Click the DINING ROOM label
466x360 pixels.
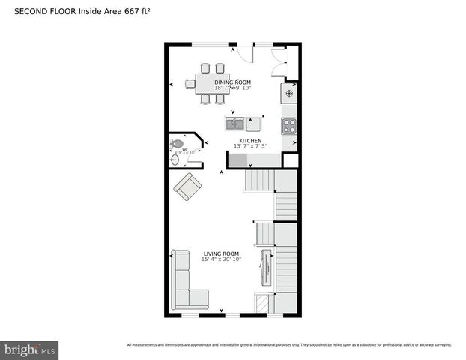pyautogui.click(x=233, y=82)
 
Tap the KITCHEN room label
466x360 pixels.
pyautogui.click(x=250, y=141)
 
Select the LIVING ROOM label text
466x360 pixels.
pyautogui.click(x=221, y=253)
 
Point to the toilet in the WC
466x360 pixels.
pyautogui.click(x=178, y=143)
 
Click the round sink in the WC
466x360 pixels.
pyautogui.click(x=175, y=158)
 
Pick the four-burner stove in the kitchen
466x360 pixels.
pyautogui.click(x=289, y=126)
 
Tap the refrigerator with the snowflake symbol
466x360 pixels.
pyautogui.click(x=289, y=94)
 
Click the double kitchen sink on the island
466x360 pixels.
pyautogui.click(x=234, y=123)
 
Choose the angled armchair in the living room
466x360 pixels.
pyautogui.click(x=187, y=186)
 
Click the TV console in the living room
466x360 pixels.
pyautogui.click(x=263, y=268)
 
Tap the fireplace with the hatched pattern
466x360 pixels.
pyautogui.click(x=261, y=303)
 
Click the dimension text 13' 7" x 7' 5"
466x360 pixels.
pyautogui.click(x=250, y=147)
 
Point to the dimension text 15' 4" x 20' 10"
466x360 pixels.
pyautogui.click(x=222, y=259)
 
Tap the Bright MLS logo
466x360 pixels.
pyautogui.click(x=30, y=349)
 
